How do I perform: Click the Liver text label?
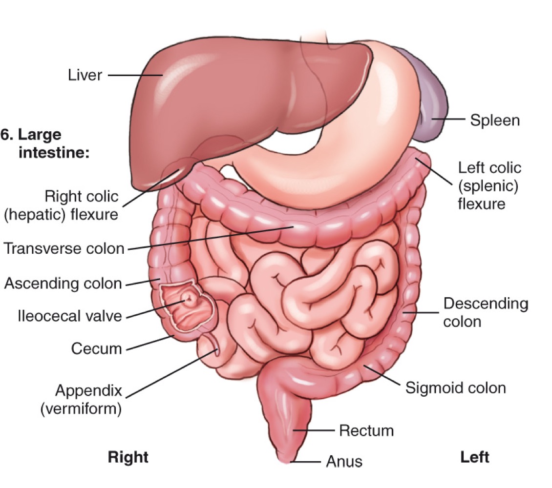pyautogui.click(x=85, y=76)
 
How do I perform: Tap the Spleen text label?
pyautogui.click(x=494, y=120)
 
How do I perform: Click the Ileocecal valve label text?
pyautogui.click(x=69, y=316)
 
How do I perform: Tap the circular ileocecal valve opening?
pyautogui.click(x=187, y=298)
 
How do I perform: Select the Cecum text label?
pyautogui.click(x=96, y=348)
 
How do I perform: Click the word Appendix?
pyautogui.click(x=88, y=390)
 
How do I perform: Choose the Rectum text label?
pyautogui.click(x=366, y=430)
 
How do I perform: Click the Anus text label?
pyautogui.click(x=344, y=461)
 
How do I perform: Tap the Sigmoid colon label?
pyautogui.click(x=455, y=388)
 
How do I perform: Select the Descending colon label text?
pyautogui.click(x=485, y=312)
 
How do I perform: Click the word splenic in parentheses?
pyautogui.click(x=488, y=185)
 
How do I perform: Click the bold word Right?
pyautogui.click(x=127, y=457)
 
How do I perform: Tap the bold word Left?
pyautogui.click(x=474, y=457)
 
